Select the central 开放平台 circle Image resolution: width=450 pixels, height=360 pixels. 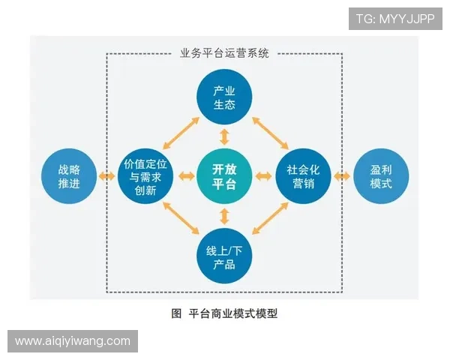[224, 177]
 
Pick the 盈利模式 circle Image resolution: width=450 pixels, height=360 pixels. [381, 177]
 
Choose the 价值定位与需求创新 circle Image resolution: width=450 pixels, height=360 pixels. [146, 177]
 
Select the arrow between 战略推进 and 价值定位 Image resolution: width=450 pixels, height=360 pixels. [107, 177]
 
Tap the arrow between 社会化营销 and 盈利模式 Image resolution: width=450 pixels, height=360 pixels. [342, 177]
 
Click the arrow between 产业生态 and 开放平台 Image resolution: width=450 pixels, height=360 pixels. [224, 136]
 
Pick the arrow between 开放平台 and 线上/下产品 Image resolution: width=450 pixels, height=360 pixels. [224, 217]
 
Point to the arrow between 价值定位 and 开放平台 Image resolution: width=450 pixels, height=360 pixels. [184, 177]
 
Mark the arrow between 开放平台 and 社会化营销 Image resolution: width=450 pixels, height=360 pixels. [263, 177]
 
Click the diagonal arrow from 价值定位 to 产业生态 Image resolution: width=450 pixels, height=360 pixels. [181, 135]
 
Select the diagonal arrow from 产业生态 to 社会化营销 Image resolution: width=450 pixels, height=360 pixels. [267, 135]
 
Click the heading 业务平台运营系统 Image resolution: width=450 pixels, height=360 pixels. [224, 53]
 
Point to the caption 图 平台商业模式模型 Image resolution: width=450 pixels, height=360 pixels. [224, 313]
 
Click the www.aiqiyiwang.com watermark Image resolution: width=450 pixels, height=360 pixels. [73, 341]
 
